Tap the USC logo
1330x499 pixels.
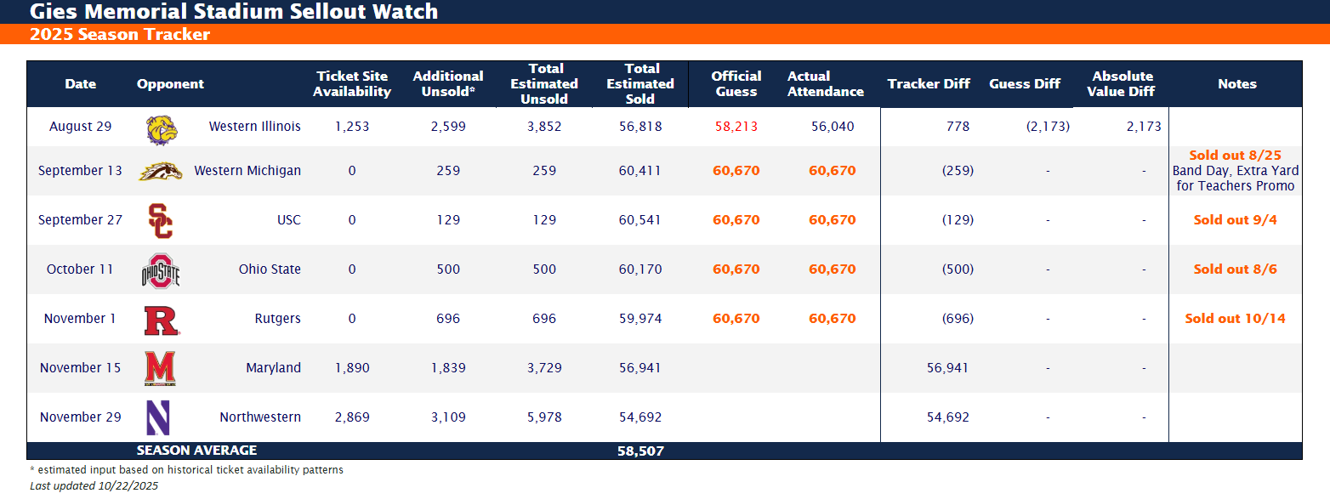pos(160,221)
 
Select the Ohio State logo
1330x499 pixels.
pos(161,270)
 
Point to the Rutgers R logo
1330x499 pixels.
pos(161,320)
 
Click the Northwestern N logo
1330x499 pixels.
pos(159,418)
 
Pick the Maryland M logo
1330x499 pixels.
pos(160,369)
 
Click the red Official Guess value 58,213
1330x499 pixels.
pos(736,127)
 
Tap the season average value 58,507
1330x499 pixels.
pos(640,451)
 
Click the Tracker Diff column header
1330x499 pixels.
pos(929,84)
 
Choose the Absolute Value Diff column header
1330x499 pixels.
pos(1122,84)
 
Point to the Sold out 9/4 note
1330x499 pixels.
pos(1235,220)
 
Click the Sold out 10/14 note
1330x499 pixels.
pos(1235,319)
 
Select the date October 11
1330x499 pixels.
pos(80,269)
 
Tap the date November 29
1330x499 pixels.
pos(80,417)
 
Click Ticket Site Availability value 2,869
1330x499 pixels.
pos(351,417)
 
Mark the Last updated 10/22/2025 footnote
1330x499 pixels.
pos(94,486)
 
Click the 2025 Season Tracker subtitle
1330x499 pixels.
pos(119,35)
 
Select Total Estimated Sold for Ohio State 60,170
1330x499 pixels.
pos(640,269)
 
